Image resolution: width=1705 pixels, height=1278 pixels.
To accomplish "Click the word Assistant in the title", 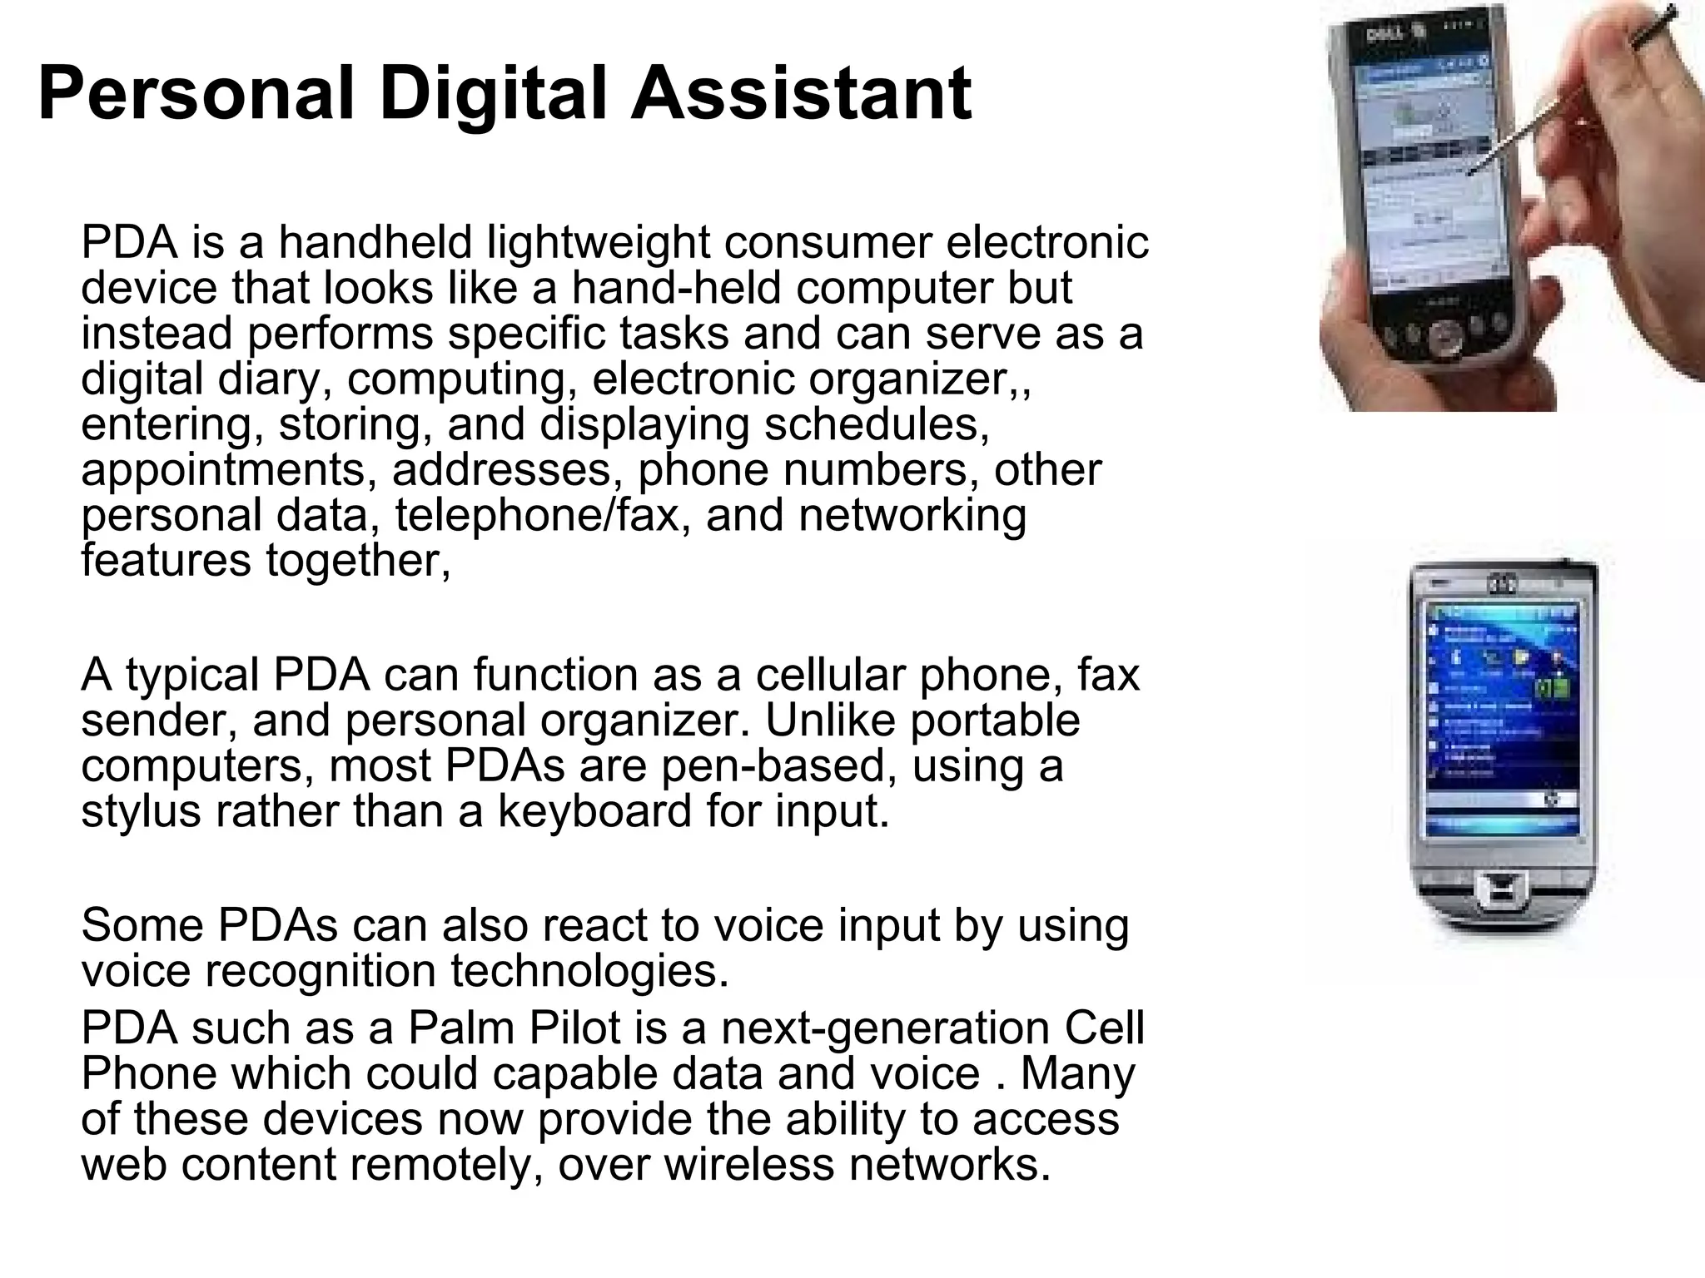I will pos(801,93).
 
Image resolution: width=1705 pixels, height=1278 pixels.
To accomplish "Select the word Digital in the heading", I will pos(492,93).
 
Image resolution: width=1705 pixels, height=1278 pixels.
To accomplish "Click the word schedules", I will pos(877,424).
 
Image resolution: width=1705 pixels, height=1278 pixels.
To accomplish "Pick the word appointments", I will pos(224,470).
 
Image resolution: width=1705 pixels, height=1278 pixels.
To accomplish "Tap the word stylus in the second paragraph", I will pos(141,811).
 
